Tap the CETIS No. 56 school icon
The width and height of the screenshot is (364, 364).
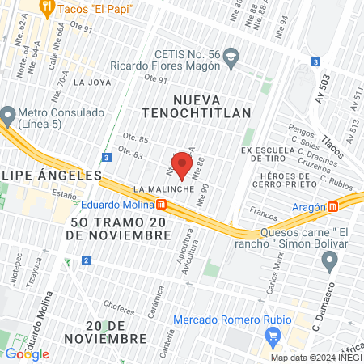coord(231,55)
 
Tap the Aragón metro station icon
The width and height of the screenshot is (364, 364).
coord(332,206)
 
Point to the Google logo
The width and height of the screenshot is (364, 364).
coord(28,353)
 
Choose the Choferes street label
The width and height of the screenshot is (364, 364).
coord(119,308)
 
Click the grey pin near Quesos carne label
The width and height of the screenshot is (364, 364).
coord(329,260)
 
